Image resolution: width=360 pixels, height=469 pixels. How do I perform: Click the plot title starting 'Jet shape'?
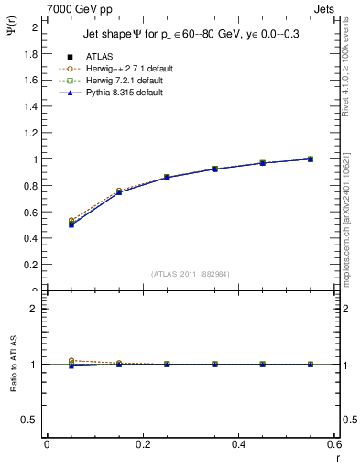185,33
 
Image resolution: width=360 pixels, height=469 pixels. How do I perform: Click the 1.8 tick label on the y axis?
31,53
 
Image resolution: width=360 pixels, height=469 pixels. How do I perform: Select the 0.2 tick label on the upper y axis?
31,265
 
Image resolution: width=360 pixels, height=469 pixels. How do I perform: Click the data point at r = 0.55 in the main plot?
310,159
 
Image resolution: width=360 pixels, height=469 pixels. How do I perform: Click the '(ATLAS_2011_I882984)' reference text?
191,274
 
